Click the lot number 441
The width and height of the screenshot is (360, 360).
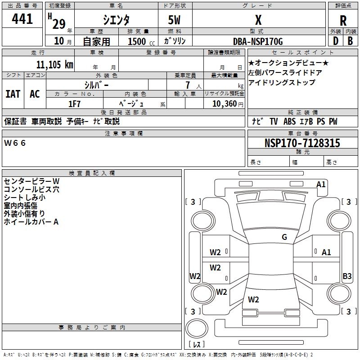point(22,18)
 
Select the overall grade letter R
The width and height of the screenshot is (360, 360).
point(343,21)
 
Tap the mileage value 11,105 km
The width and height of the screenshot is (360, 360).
point(54,64)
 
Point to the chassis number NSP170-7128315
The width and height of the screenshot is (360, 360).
point(302,143)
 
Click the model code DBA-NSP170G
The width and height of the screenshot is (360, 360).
point(258,41)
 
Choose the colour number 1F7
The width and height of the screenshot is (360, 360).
point(74,104)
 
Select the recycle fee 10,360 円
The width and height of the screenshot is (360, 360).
point(228,104)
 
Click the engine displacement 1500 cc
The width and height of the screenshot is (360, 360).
point(141,41)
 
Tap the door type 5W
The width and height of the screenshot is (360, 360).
point(174,20)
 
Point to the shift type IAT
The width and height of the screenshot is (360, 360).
point(13,94)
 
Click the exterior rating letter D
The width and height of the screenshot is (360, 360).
point(336,41)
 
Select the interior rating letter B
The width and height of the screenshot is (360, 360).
point(350,41)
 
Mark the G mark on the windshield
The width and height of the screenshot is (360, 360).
point(284,237)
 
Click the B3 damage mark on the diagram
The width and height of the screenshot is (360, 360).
point(347,276)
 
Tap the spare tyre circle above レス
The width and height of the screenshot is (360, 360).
point(197,328)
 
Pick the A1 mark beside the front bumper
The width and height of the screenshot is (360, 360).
point(321,184)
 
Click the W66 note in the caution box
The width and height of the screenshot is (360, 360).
point(15,143)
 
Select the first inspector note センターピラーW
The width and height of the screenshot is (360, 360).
point(31,181)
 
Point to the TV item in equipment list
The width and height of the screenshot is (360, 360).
point(274,121)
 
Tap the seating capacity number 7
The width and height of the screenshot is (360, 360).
point(188,85)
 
